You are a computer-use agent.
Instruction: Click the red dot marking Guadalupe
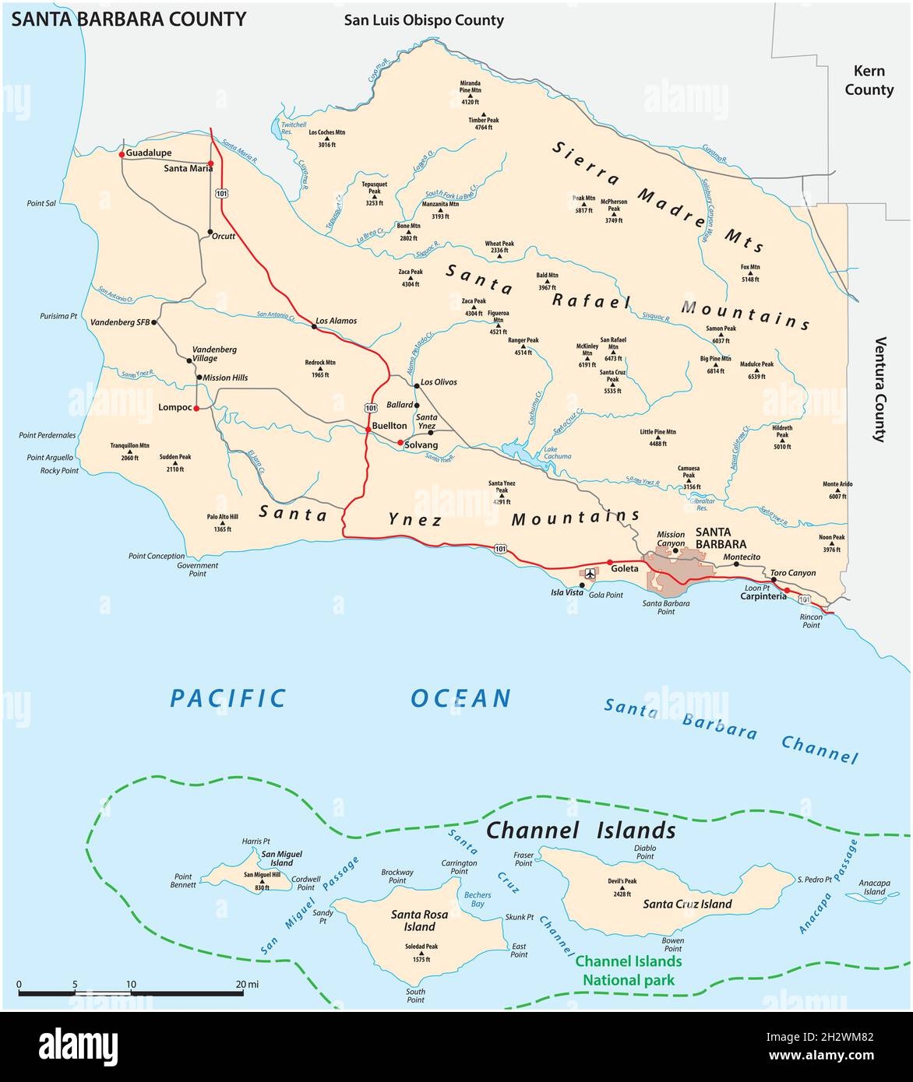(x=122, y=154)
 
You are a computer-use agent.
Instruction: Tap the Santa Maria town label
(x=188, y=167)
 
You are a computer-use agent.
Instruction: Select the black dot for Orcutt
(x=210, y=232)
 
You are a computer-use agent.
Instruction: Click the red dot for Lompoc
(x=196, y=408)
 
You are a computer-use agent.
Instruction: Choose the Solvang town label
(x=421, y=444)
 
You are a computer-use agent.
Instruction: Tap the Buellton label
(x=389, y=426)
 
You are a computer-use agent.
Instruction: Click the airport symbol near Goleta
(x=590, y=574)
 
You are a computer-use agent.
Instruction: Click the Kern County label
(x=869, y=80)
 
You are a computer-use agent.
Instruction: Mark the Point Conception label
(x=157, y=557)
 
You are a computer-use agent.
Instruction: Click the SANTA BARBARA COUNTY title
(x=128, y=19)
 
